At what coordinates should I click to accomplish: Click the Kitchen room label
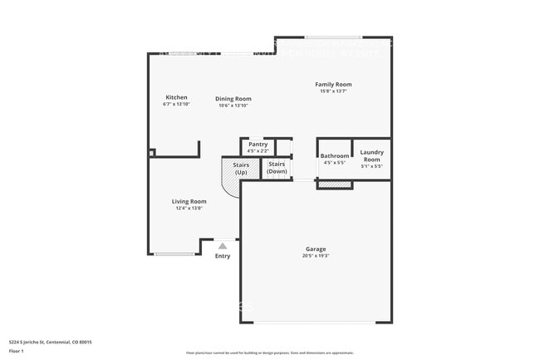coord(176,97)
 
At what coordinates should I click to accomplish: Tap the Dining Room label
coord(234,99)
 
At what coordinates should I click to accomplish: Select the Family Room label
coord(333,84)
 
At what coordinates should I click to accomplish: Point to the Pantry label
coord(258,145)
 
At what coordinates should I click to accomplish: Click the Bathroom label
coord(335,155)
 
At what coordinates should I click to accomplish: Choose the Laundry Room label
coord(371,155)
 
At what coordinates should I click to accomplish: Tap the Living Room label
coord(189,201)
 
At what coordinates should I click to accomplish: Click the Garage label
coord(316,249)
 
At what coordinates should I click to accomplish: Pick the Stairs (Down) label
coord(277,167)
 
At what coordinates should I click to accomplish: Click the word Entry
coord(223,256)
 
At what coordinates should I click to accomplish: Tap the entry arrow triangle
coord(223,245)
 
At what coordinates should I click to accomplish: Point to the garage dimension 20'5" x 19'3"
coord(316,256)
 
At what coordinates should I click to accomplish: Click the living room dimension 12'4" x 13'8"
coord(189,209)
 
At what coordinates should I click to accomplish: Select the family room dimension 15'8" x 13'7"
coord(333,91)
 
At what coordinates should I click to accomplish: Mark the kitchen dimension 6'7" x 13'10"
coord(176,105)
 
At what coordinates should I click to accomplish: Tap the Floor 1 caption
coord(17,352)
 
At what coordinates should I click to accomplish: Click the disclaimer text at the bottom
coord(269,353)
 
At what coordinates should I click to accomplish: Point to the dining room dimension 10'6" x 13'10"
coord(234,106)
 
